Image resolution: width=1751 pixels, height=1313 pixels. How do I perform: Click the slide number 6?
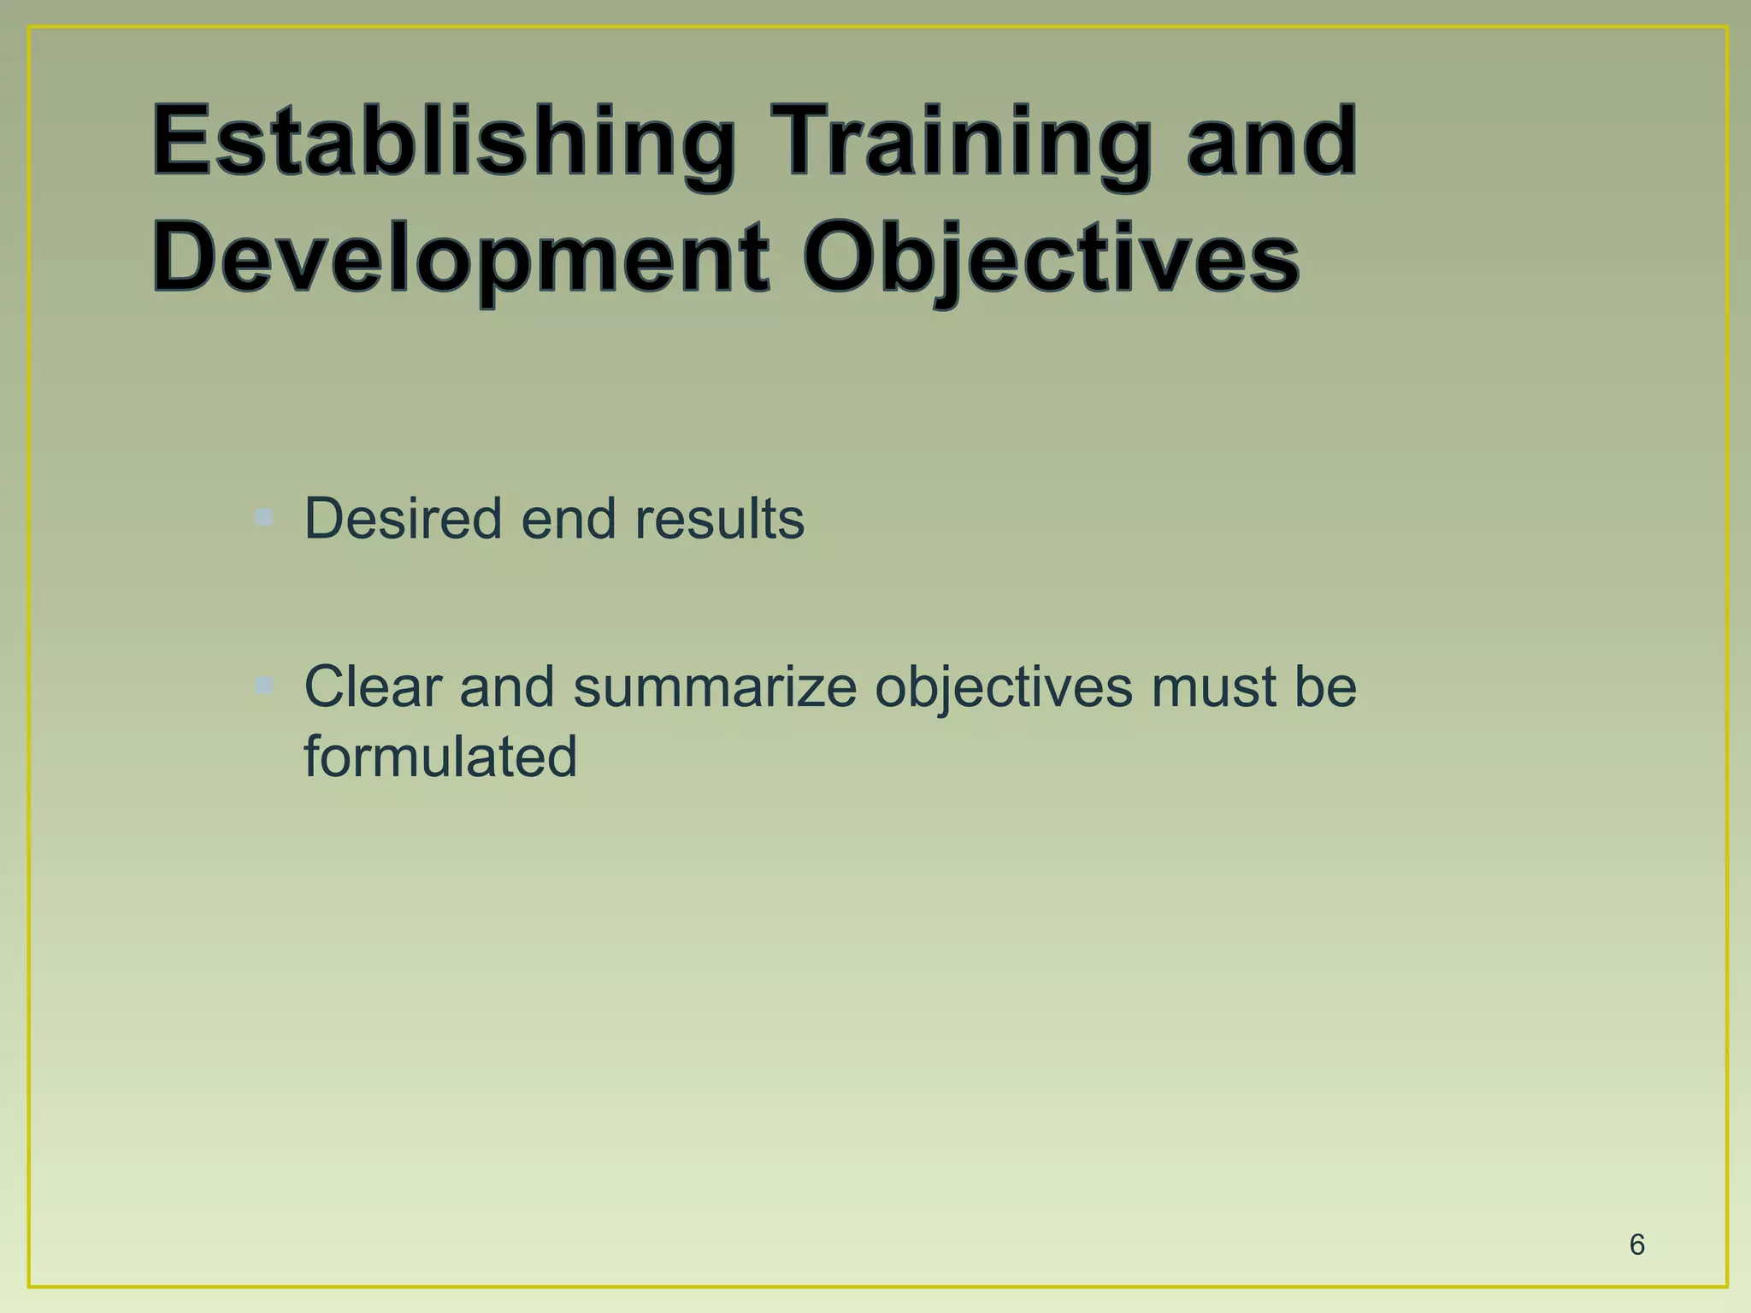coord(1636,1245)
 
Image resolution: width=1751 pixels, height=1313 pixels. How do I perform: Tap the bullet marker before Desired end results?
coord(264,517)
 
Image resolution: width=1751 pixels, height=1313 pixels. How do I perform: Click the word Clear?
coord(373,686)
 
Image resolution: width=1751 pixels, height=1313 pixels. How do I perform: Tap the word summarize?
coord(714,686)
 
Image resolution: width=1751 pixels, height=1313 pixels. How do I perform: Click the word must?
coord(1212,686)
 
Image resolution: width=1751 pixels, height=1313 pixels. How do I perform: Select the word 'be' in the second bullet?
coord(1324,686)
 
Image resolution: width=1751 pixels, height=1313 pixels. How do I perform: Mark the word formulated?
coord(440,757)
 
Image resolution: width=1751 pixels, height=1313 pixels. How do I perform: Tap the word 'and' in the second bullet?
coord(506,686)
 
